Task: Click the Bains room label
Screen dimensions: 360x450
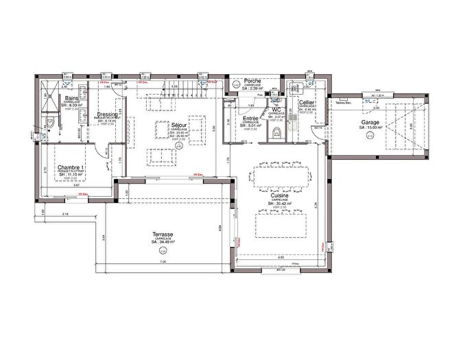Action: point(71,99)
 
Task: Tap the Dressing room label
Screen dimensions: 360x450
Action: point(108,115)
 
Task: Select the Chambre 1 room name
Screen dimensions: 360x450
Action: point(71,168)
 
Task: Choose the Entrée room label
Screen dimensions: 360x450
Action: point(251,119)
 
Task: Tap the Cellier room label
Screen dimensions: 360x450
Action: point(307,102)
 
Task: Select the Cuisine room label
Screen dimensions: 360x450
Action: point(279,196)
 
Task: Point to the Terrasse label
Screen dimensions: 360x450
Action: point(163,234)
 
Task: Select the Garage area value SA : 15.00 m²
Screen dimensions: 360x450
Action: point(362,128)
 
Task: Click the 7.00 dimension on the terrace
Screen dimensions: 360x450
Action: point(163,263)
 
